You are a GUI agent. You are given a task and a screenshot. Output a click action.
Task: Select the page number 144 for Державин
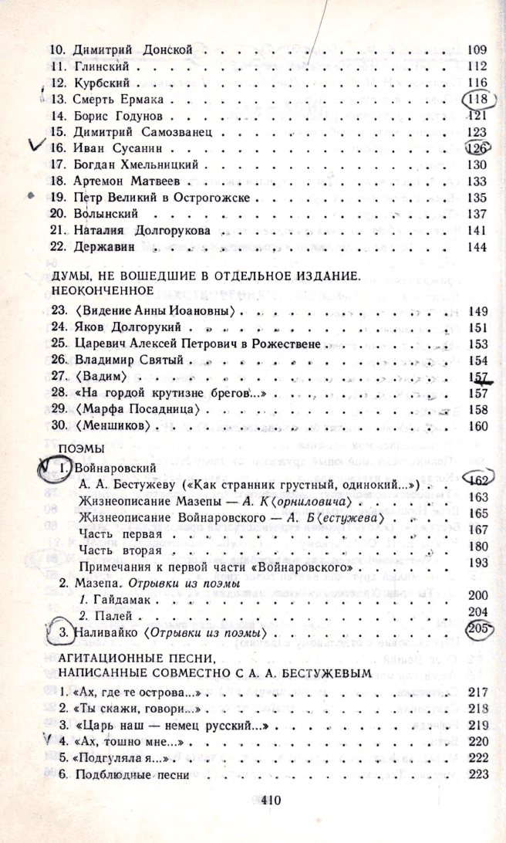tap(479, 247)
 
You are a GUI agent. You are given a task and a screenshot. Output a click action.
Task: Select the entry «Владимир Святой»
tap(127, 360)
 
